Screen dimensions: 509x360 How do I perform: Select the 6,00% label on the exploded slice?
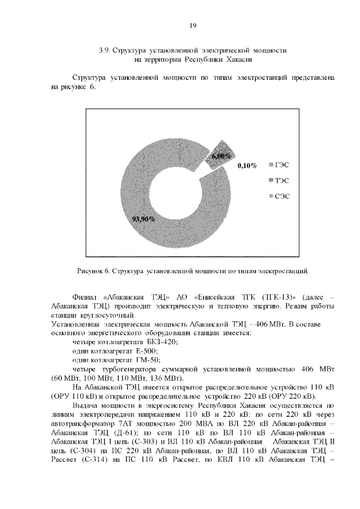tap(222, 156)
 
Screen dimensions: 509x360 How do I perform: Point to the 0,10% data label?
tap(247, 166)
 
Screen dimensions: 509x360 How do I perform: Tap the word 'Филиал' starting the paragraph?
tap(85, 296)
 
